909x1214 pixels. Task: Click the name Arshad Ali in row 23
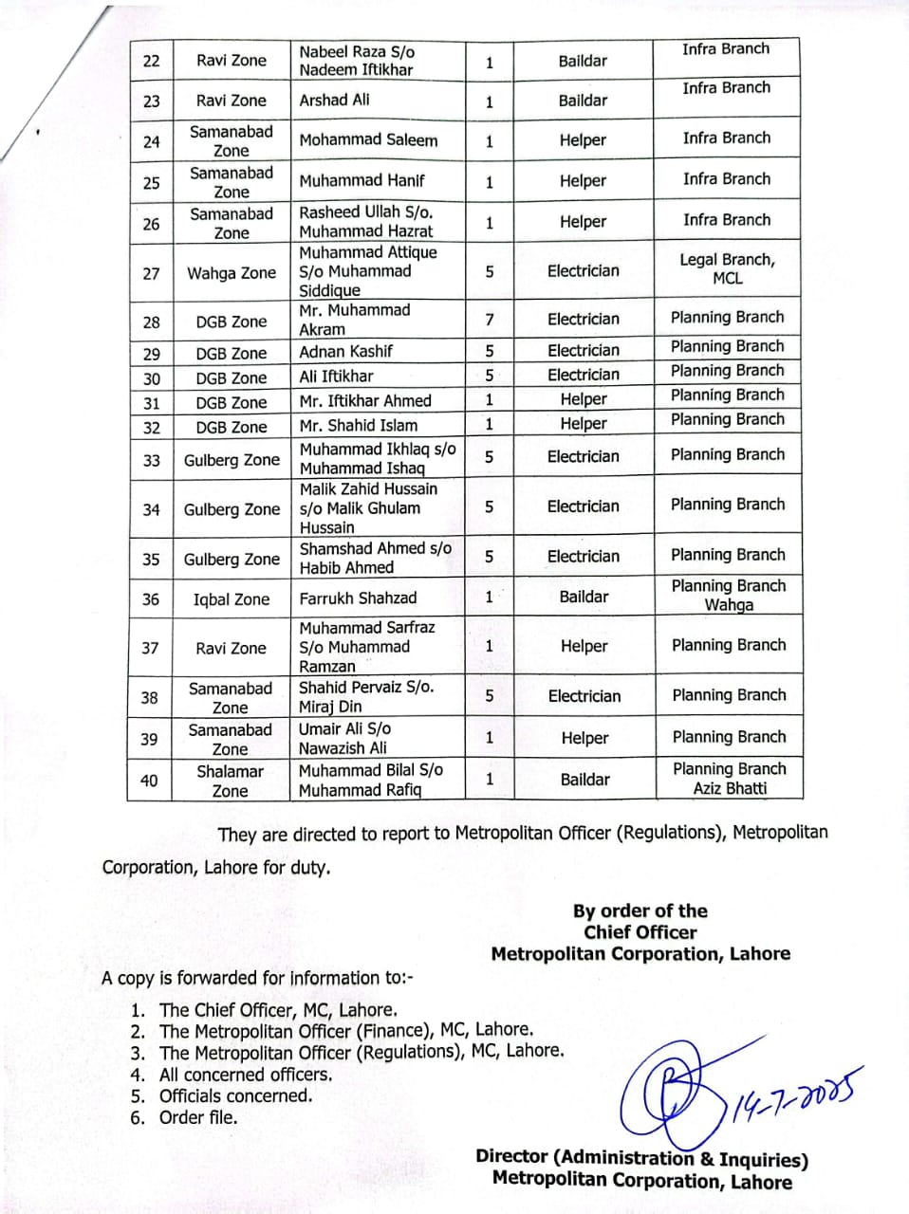click(x=335, y=100)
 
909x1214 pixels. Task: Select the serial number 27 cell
click(x=151, y=273)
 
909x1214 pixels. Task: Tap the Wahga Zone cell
click(x=232, y=273)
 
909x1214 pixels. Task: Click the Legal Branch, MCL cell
click(x=727, y=269)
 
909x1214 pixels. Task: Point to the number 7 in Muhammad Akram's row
click(x=490, y=320)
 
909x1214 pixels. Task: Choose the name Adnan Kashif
click(x=345, y=351)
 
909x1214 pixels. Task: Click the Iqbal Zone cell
click(x=232, y=599)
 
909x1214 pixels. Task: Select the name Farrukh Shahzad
click(x=358, y=598)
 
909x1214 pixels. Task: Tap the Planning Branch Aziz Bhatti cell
click(x=729, y=779)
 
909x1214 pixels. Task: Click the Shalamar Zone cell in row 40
click(x=231, y=781)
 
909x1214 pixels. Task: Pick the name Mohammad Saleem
click(x=368, y=140)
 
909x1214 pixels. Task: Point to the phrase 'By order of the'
click(x=640, y=911)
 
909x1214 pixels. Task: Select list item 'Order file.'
click(x=198, y=1117)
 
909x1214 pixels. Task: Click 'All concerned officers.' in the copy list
click(x=246, y=1075)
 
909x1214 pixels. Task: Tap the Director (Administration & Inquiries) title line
click(x=641, y=1158)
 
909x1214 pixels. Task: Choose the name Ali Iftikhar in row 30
click(x=337, y=376)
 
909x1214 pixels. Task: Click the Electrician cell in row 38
click(x=584, y=696)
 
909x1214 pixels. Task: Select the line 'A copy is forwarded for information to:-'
click(x=257, y=978)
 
